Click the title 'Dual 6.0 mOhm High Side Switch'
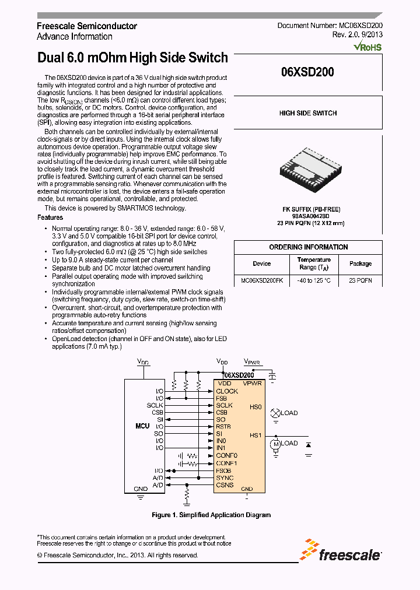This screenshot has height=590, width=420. click(x=132, y=58)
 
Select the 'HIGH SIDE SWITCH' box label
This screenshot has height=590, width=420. click(x=307, y=113)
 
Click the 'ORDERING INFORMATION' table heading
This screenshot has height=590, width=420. click(x=308, y=247)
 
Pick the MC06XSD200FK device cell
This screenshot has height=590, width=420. click(x=262, y=280)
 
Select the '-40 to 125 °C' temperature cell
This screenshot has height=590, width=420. click(x=314, y=280)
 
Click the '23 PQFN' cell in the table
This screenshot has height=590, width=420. click(x=360, y=280)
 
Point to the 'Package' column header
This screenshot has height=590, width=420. click(x=360, y=264)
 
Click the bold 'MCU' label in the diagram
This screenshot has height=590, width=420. click(x=142, y=426)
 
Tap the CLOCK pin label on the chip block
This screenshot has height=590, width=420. click(x=227, y=391)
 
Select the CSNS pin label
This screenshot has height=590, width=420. click(x=225, y=485)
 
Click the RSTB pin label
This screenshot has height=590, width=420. click(x=223, y=427)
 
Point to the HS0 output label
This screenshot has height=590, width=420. click(x=256, y=407)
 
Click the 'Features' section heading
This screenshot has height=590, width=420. click(x=50, y=217)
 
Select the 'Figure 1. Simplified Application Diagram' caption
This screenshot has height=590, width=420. click(x=211, y=515)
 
